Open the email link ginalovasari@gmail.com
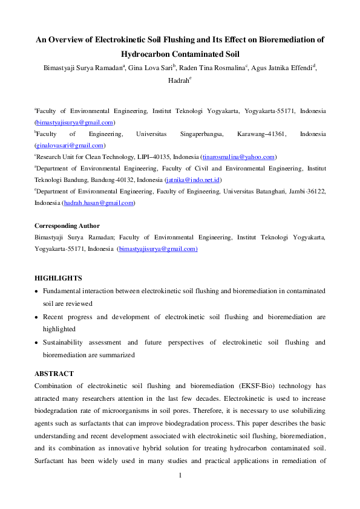70,145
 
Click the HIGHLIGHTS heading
58,278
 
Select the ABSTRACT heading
54,374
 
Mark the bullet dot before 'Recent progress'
38,317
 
